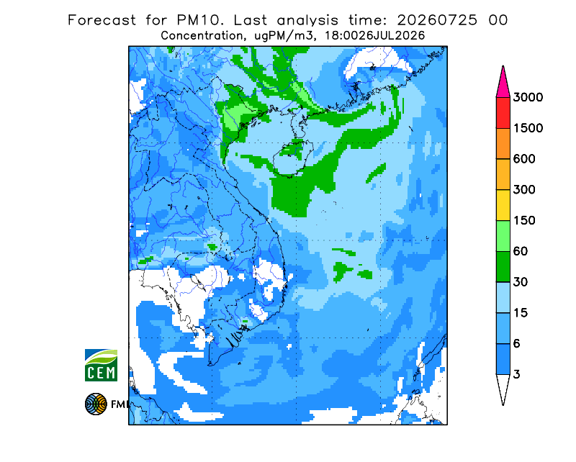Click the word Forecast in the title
[102, 20]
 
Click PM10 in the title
[199, 20]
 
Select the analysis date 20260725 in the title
[437, 20]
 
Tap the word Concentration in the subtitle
[202, 36]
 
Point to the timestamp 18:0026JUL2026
[374, 36]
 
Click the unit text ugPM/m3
[284, 36]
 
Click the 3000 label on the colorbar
[528, 97]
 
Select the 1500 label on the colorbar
[528, 128]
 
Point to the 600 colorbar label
[524, 159]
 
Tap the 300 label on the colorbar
[524, 190]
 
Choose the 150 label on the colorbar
[524, 221]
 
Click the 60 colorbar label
[521, 252]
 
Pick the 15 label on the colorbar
[521, 313]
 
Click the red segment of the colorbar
[503, 113]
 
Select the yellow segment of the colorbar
[503, 205]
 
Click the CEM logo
[101, 365]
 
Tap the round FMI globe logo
[96, 404]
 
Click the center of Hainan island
[293, 158]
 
